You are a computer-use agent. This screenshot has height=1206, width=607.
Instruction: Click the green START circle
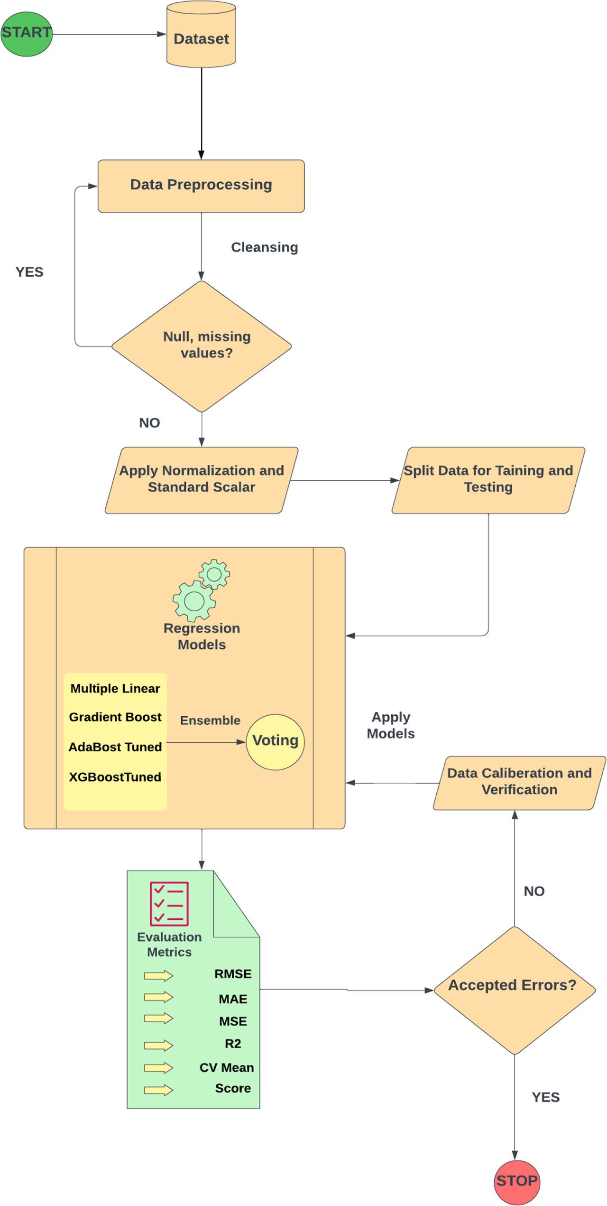[x=26, y=34]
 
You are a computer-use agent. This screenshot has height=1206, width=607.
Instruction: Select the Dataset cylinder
[x=201, y=38]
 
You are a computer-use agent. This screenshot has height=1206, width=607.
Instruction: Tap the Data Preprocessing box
[x=201, y=186]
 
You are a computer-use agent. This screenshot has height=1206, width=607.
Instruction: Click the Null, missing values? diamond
[x=202, y=346]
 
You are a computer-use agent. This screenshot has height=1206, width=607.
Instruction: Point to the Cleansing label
[x=264, y=247]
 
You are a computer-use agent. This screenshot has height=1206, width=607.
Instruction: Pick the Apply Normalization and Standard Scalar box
[x=201, y=479]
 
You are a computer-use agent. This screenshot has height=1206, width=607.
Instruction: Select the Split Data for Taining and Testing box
[x=488, y=479]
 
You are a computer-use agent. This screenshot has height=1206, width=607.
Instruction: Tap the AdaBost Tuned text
[x=115, y=747]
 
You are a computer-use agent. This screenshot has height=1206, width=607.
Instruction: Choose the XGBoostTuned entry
[x=115, y=777]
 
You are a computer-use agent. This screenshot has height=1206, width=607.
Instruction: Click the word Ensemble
[x=210, y=720]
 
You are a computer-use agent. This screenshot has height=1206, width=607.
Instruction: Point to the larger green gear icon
[x=193, y=601]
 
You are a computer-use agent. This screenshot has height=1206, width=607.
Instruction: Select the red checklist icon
[x=169, y=903]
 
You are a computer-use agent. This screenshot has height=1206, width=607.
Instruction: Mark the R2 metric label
[x=233, y=1044]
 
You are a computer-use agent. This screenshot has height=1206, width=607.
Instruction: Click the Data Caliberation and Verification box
[x=519, y=782]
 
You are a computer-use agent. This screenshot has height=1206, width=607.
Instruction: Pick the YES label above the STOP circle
[x=545, y=1097]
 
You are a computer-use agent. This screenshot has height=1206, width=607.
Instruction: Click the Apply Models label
[x=390, y=725]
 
